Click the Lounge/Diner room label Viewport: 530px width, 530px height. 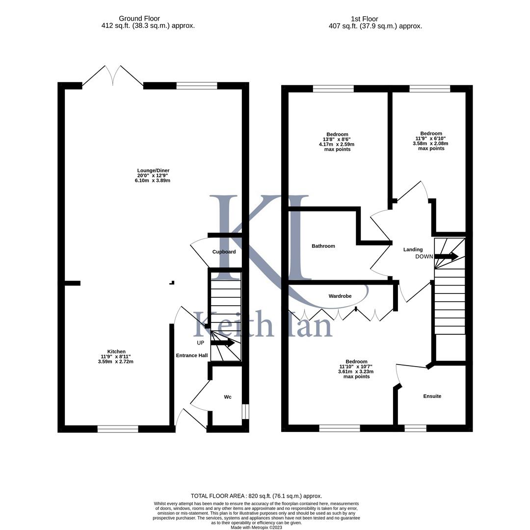[x=153, y=171]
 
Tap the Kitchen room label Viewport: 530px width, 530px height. [x=116, y=351]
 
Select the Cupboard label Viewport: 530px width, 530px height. [x=224, y=252]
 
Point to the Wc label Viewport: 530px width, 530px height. [x=228, y=397]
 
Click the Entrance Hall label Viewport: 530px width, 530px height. [x=192, y=355]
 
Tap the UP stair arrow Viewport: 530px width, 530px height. [x=223, y=343]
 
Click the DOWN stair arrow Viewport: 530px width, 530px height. [x=446, y=256]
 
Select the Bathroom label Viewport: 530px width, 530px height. [x=323, y=246]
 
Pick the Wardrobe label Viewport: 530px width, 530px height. [x=340, y=296]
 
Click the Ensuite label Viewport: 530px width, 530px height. [x=432, y=396]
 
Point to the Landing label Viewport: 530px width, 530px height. [x=413, y=249]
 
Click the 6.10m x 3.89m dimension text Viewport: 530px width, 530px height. [x=153, y=181]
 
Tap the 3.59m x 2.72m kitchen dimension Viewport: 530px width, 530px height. [x=116, y=362]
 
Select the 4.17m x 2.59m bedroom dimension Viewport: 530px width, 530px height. [x=337, y=144]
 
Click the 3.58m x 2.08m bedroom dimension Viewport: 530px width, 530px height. [x=431, y=143]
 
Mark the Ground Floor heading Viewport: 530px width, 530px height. [x=139, y=19]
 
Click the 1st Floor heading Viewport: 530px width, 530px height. [x=364, y=19]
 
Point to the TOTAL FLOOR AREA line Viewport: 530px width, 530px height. [x=256, y=496]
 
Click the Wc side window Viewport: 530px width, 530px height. [x=246, y=412]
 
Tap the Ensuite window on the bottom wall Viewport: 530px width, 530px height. [x=416, y=428]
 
